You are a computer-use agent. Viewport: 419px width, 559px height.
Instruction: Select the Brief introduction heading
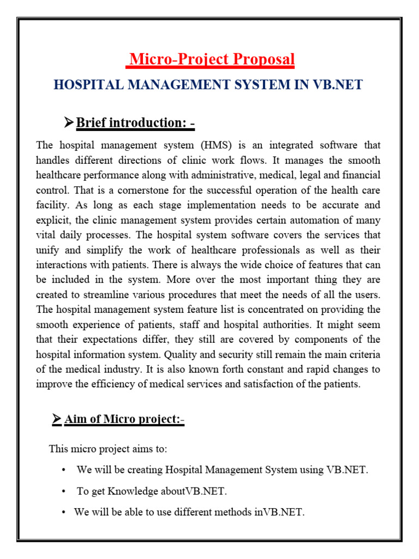(x=135, y=123)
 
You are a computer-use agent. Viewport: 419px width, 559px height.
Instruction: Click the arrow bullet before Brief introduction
(x=68, y=123)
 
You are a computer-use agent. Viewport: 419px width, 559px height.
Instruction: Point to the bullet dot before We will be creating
(x=64, y=470)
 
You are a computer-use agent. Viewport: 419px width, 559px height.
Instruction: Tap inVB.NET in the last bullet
(x=279, y=513)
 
